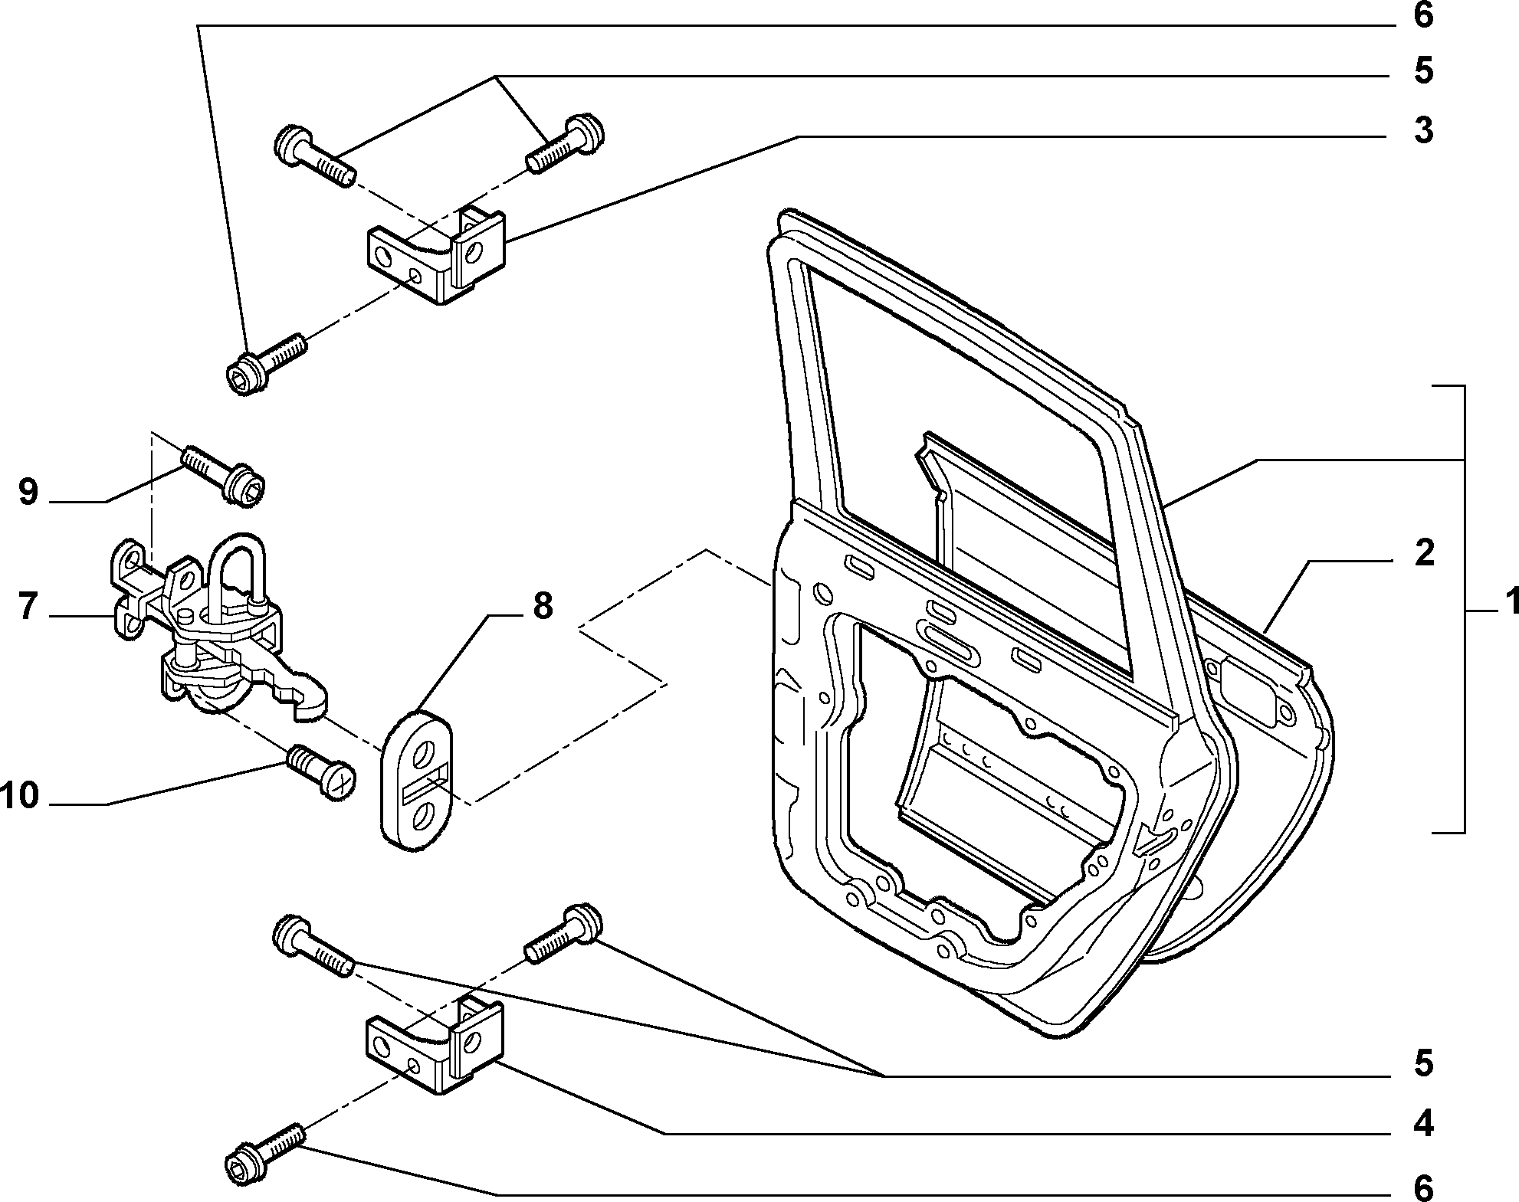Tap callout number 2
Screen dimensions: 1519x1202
1423,552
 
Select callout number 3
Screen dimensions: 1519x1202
1423,131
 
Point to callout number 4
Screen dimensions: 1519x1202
1423,1124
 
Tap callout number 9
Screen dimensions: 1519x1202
28,492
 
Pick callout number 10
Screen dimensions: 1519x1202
19,796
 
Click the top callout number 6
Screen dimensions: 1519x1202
1423,15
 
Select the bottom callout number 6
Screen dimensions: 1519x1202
1423,1187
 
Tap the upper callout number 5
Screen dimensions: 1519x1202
1423,70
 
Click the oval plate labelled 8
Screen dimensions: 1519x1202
417,781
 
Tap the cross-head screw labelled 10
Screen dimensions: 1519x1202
321,773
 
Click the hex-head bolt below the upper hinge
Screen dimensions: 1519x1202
267,363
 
